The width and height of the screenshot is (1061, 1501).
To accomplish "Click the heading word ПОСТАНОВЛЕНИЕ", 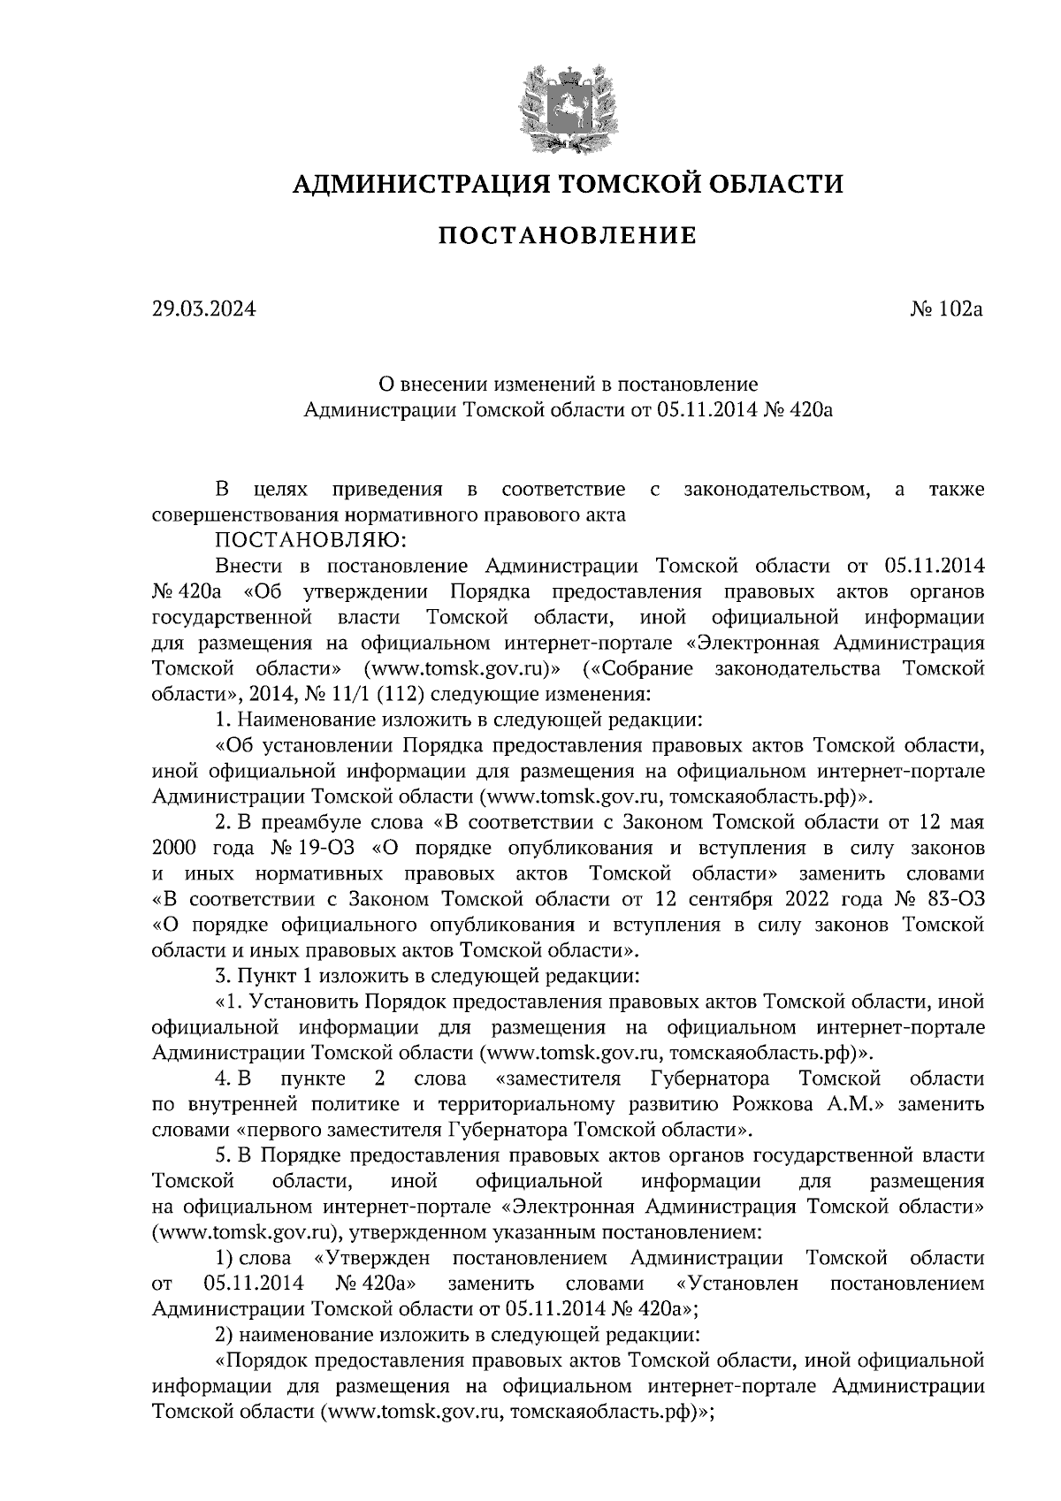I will [x=568, y=236].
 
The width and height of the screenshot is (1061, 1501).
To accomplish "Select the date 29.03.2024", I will [x=203, y=309].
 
